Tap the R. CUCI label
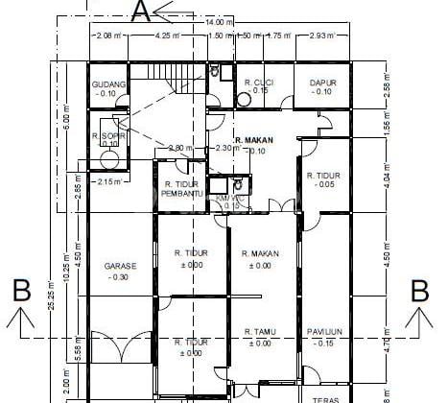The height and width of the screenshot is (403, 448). click(x=260, y=83)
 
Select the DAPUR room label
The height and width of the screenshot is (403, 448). click(x=322, y=83)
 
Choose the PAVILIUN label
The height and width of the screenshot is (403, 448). click(x=325, y=332)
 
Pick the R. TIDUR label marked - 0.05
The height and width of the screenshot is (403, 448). click(x=323, y=176)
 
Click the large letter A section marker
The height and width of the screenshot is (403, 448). click(x=141, y=11)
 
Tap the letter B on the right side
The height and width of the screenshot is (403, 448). click(x=419, y=289)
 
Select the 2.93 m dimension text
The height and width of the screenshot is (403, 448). click(x=321, y=36)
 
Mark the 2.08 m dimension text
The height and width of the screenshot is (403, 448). click(x=108, y=36)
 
